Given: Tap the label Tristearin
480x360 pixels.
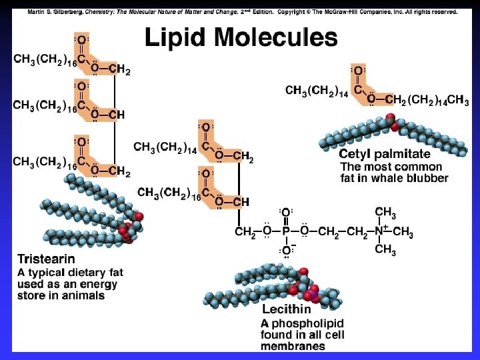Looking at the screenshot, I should point(46,259).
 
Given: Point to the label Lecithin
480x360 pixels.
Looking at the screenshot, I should point(287,309).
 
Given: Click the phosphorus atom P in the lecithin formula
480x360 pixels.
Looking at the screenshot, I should point(285,232).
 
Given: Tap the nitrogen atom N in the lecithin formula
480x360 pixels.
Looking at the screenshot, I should point(378,232).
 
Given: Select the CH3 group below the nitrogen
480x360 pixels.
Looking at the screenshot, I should point(385,249).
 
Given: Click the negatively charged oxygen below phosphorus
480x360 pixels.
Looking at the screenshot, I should point(286,250).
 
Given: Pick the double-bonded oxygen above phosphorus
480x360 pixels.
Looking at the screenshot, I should point(285,213).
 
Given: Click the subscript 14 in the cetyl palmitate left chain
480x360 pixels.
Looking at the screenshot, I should point(342,93).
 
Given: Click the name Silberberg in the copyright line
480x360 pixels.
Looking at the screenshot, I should point(67,12).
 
